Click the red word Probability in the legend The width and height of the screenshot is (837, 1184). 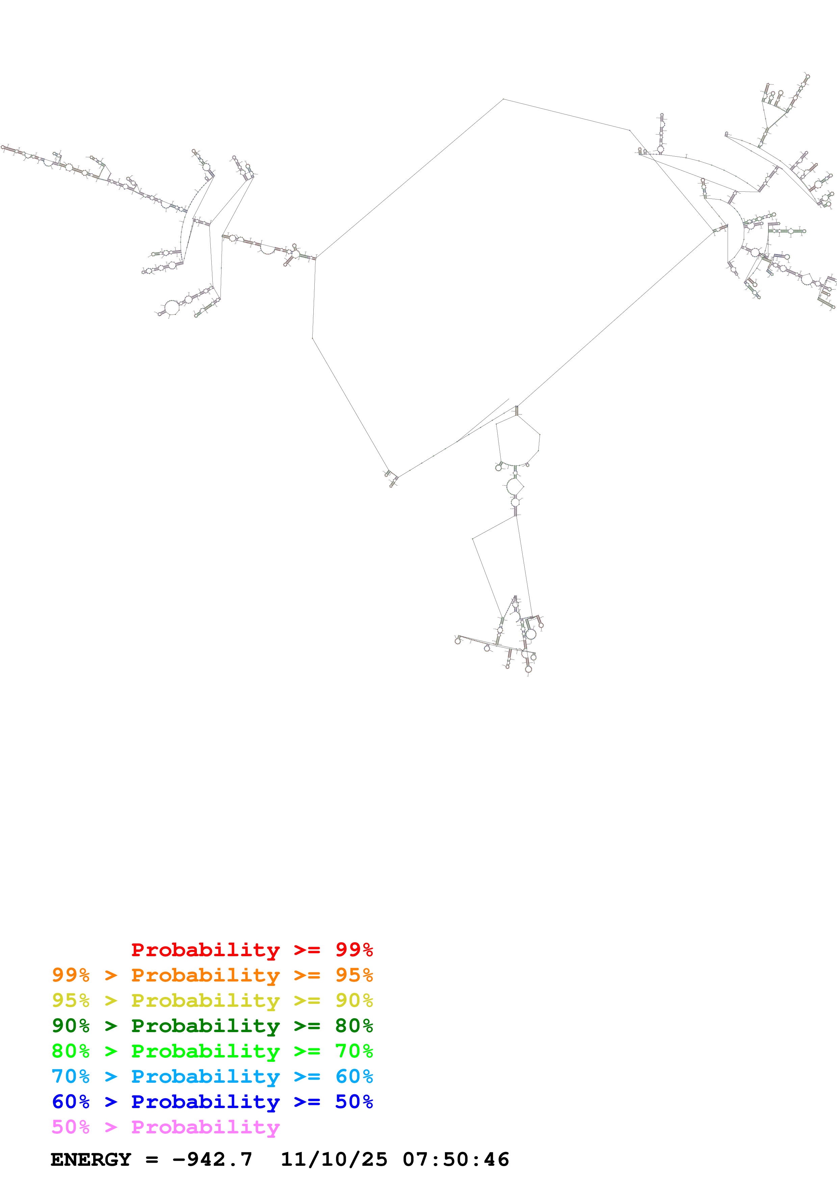click(205, 950)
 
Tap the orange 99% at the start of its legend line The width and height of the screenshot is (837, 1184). click(71, 975)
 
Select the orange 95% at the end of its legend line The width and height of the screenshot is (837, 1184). click(354, 975)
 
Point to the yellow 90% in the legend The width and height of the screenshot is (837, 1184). click(354, 1000)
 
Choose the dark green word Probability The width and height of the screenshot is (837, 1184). click(205, 1026)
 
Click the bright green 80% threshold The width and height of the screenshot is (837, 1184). click(71, 1051)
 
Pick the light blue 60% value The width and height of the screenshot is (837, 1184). click(354, 1076)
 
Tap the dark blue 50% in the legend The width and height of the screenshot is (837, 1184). click(354, 1102)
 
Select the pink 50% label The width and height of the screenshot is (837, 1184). click(71, 1127)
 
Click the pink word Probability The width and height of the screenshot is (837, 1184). click(205, 1127)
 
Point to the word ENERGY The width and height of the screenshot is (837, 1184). click(91, 1159)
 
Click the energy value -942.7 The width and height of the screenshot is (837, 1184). click(212, 1159)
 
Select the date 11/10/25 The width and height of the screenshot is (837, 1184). click(334, 1159)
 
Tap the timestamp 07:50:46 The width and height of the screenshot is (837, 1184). click(455, 1159)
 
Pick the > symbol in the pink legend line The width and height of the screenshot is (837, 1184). click(111, 1127)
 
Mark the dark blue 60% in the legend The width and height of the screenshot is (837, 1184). click(71, 1102)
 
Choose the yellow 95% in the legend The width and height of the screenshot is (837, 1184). click(71, 1000)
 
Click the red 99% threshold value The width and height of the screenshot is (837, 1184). click(354, 950)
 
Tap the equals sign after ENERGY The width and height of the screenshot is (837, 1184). click(152, 1159)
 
